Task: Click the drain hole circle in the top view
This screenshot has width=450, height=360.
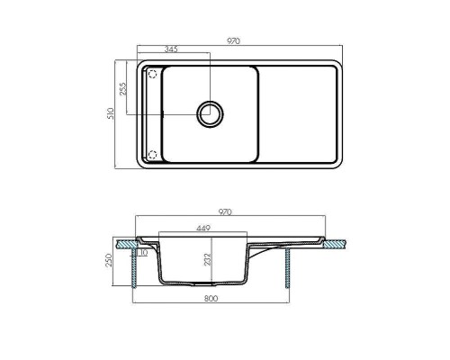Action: (211, 112)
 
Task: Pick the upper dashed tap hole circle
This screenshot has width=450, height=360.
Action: (152, 74)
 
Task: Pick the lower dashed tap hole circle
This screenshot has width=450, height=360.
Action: (152, 154)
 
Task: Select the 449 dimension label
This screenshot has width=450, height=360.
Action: (203, 229)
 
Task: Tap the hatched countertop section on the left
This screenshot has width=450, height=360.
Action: (125, 243)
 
